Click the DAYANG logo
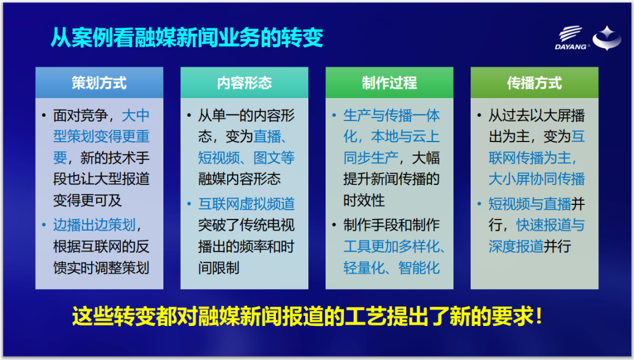571,38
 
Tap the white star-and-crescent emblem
607,38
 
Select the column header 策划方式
99,83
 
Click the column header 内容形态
244,83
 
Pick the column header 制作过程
389,83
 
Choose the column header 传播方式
535,83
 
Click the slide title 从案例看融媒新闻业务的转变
187,38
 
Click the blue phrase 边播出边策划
94,225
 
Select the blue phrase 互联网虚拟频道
246,204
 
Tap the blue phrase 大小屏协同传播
537,179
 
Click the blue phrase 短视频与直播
530,204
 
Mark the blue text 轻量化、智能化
392,268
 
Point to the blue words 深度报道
516,246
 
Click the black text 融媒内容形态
240,179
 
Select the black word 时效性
364,200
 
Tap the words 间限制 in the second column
219,268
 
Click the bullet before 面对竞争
43,116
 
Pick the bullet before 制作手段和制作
334,225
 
